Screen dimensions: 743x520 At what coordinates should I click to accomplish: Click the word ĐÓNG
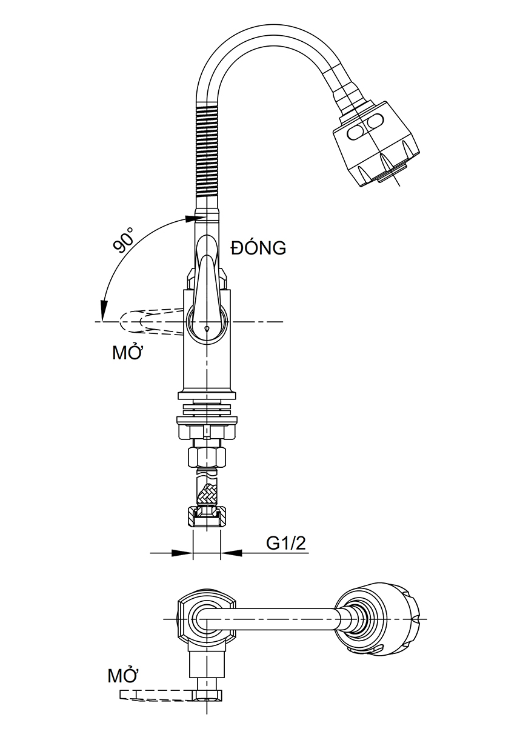[258, 248]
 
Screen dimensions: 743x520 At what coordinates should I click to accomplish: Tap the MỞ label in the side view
[127, 353]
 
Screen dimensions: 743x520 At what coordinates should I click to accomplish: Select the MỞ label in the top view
[123, 675]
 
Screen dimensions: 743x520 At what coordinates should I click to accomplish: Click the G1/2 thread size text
[287, 544]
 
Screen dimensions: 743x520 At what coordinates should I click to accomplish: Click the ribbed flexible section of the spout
[205, 152]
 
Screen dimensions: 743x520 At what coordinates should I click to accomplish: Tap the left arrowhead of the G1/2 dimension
[182, 553]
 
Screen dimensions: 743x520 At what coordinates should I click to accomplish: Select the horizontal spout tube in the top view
[285, 618]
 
